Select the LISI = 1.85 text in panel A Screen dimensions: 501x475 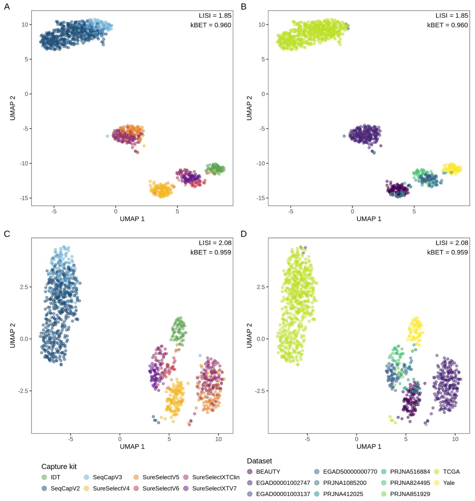pos(215,16)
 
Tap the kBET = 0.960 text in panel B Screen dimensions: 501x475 pos(447,25)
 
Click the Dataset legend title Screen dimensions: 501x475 pos(259,461)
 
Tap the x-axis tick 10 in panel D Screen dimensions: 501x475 pos(455,439)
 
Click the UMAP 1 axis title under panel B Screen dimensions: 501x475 pos(369,219)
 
